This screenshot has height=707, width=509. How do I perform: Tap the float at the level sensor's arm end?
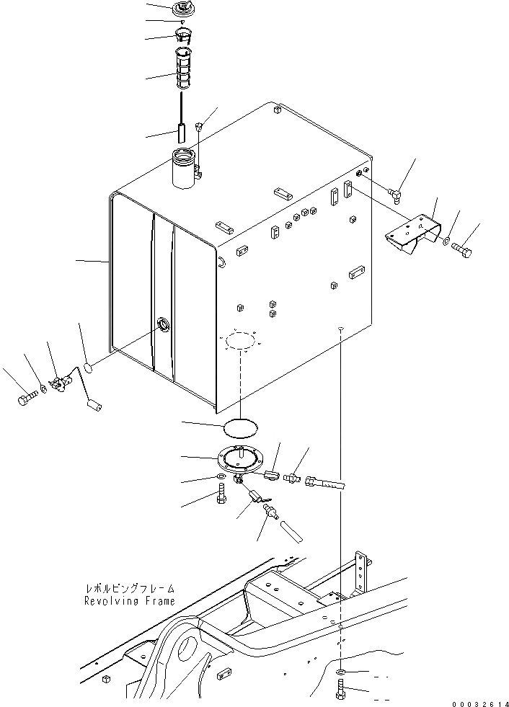pos(93,407)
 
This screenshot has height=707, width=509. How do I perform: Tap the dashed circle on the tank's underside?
pos(237,343)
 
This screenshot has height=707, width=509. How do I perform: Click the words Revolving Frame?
pos(129,600)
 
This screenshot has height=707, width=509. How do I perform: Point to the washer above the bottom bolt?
pos(340,672)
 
